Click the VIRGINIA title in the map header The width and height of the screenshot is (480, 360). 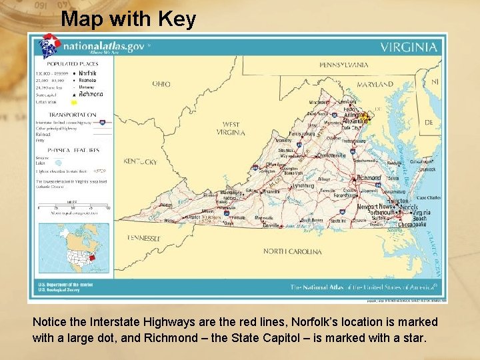tap(409, 47)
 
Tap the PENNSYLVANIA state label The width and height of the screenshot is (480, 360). tap(344, 65)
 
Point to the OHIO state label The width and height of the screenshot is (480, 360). tap(161, 84)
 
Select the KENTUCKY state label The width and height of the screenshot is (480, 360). tap(139, 161)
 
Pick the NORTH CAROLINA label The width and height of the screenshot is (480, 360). tap(292, 251)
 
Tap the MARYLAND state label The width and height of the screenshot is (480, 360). tap(375, 85)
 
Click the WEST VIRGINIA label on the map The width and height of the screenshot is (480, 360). tap(231, 128)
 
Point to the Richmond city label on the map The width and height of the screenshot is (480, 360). tap(369, 178)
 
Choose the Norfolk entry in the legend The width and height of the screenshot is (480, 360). tap(88, 72)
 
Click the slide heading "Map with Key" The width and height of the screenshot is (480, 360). tap(128, 19)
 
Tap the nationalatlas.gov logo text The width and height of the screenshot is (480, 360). tap(103, 46)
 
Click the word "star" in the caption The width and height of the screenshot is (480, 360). tap(413, 337)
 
